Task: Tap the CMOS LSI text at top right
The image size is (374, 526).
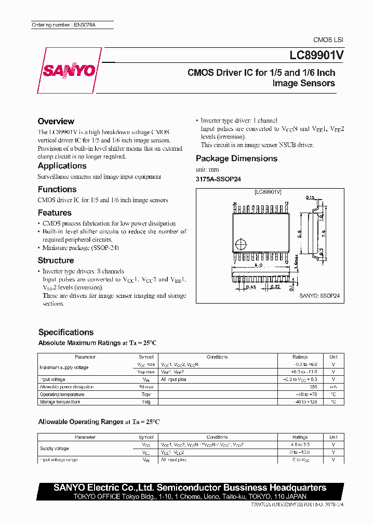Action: [328, 40]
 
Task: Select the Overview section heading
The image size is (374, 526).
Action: [56, 121]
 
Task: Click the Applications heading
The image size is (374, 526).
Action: [62, 166]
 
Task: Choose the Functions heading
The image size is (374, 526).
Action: [57, 190]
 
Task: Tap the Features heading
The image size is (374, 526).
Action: [55, 213]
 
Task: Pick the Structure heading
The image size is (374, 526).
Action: [56, 260]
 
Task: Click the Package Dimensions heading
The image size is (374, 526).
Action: [236, 159]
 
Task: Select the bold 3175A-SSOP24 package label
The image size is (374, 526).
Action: [218, 179]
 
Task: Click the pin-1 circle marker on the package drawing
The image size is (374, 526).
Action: [239, 243]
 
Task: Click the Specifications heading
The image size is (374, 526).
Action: [66, 332]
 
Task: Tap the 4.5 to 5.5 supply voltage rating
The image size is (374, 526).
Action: [300, 445]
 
